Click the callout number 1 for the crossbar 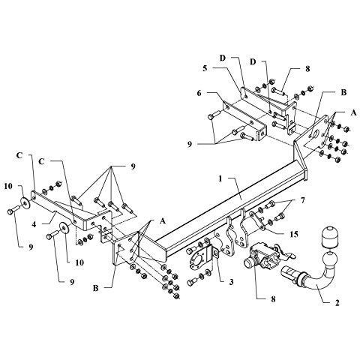click(x=220, y=179)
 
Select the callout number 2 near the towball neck click(x=337, y=303)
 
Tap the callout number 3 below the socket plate click(x=231, y=282)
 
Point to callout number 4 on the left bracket click(x=34, y=224)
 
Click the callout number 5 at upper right click(x=205, y=68)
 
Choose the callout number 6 click(x=199, y=93)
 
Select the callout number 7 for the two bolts click(x=303, y=200)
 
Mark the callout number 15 click(x=295, y=234)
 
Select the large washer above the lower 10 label click(x=64, y=228)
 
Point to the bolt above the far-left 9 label click(x=13, y=210)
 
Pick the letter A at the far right click(x=353, y=112)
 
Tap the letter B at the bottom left click(x=96, y=288)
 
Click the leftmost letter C click(x=19, y=155)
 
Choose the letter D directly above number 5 click(x=223, y=58)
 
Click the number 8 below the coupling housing click(x=273, y=299)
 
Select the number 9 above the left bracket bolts click(x=133, y=166)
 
